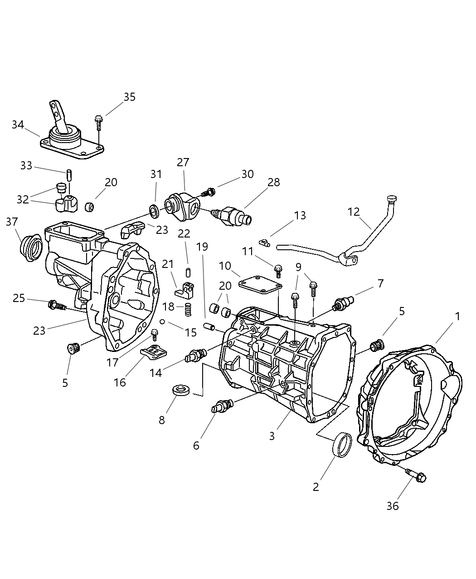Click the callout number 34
[x=18, y=124]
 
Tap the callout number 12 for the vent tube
[x=354, y=212]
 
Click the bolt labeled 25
[x=57, y=305]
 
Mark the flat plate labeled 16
[x=153, y=351]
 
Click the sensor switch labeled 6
[x=222, y=405]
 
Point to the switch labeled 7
[x=342, y=304]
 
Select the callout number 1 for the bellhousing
[x=457, y=316]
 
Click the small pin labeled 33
[x=69, y=174]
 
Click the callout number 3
[x=272, y=436]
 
